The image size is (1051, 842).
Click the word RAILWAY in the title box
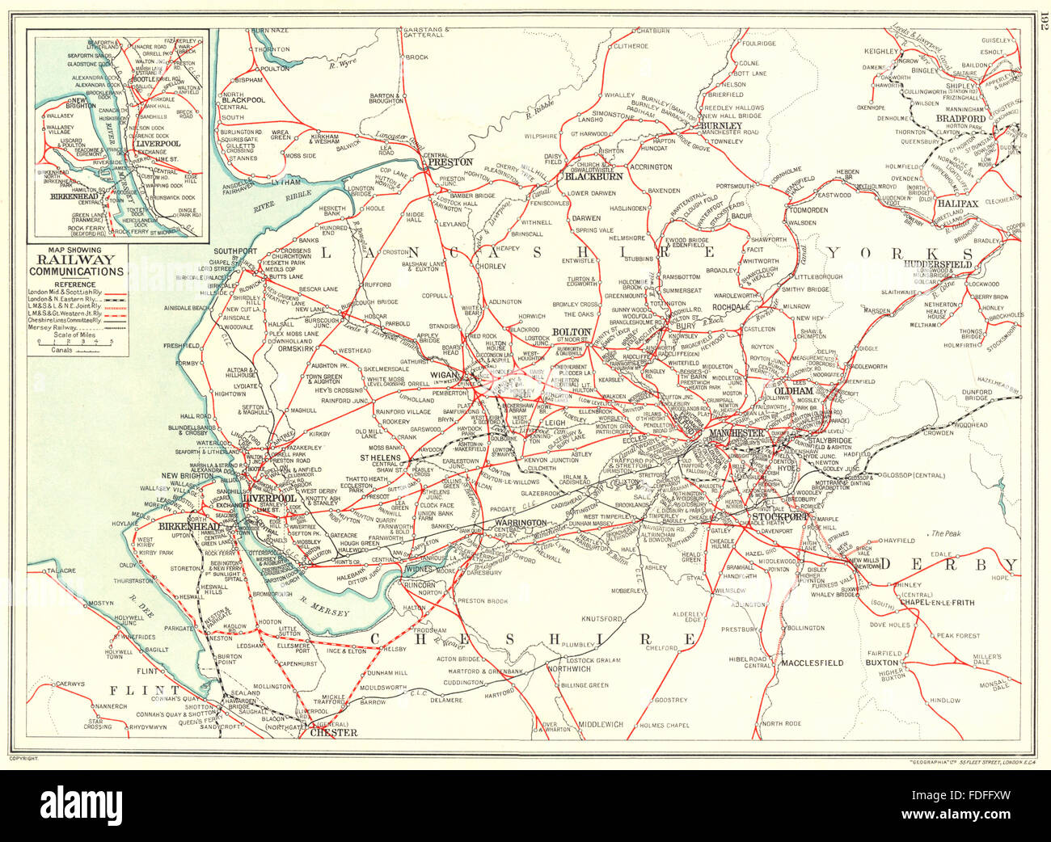click(78, 260)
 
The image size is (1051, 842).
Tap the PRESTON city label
click(450, 162)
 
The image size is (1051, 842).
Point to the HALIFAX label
click(957, 204)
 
